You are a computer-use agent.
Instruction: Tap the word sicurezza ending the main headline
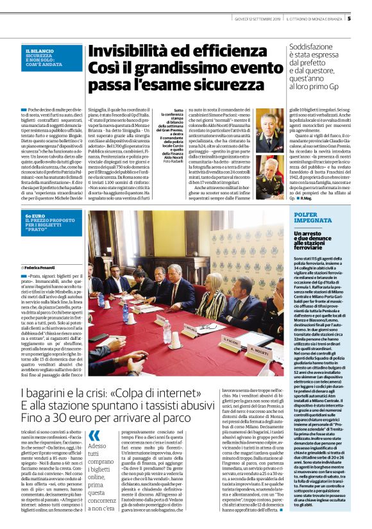tap(216, 86)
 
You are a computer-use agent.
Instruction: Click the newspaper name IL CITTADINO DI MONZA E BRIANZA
tap(312, 18)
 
